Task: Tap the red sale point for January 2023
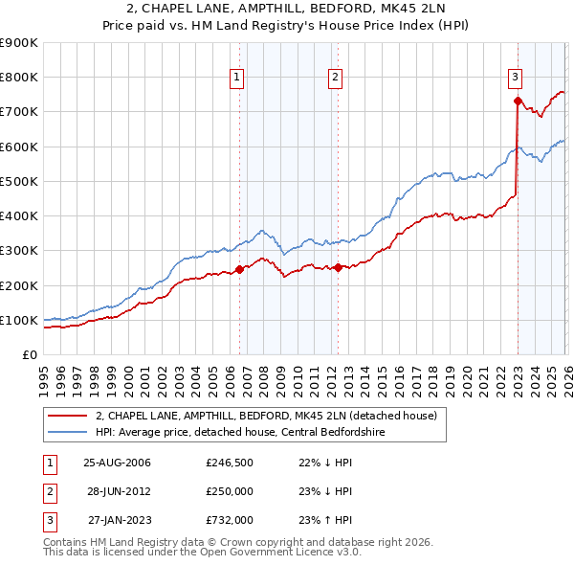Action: pyautogui.click(x=518, y=101)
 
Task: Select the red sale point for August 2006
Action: pyautogui.click(x=240, y=269)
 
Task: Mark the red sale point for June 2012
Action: pyautogui.click(x=339, y=268)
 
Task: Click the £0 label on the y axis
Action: pyautogui.click(x=29, y=355)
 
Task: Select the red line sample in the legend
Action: pyautogui.click(x=68, y=416)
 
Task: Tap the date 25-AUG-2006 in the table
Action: pyautogui.click(x=117, y=463)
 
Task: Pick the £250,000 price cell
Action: pyautogui.click(x=229, y=491)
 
